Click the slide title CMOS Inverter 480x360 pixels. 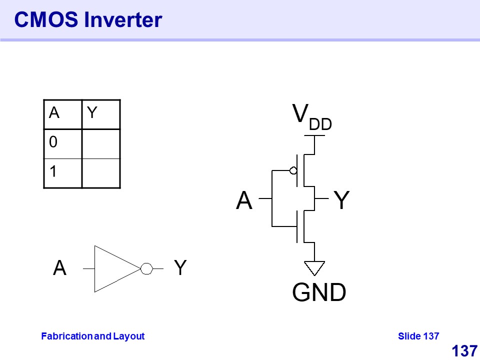tap(88, 20)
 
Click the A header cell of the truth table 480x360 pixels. tap(62, 114)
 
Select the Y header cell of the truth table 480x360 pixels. tap(100, 114)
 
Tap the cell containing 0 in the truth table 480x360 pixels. tap(62, 143)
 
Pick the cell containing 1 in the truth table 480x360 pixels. tap(62, 173)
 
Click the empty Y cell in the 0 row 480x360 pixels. tap(100, 143)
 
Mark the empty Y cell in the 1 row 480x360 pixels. tap(100, 173)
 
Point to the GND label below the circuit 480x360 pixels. tap(319, 293)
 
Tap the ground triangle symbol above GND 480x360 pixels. tap(314, 267)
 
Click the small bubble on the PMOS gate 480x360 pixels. tap(293, 170)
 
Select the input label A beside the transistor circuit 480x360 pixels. tap(244, 201)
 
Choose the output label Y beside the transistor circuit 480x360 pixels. tap(341, 201)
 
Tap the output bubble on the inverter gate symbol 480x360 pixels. tap(146, 269)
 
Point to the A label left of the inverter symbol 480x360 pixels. tap(59, 269)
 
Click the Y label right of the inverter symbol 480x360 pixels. tap(180, 269)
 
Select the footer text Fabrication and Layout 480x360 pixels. tap(92, 336)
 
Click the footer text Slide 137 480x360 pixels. tap(418, 336)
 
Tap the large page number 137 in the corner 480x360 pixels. tap(464, 351)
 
